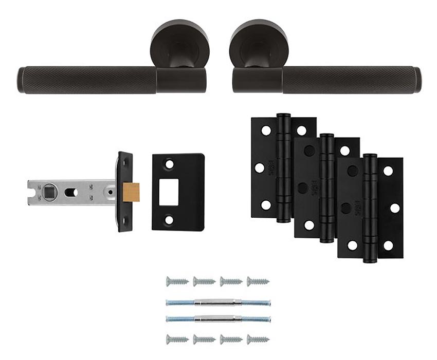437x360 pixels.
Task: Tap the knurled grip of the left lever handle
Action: point(87,80)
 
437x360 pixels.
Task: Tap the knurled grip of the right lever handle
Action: point(350,80)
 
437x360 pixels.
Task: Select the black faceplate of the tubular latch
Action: point(125,192)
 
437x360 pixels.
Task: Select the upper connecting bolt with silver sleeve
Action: point(218,302)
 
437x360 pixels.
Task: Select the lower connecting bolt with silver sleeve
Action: point(218,318)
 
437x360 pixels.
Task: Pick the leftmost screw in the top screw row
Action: point(176,281)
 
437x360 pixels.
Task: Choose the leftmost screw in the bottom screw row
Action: point(176,338)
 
